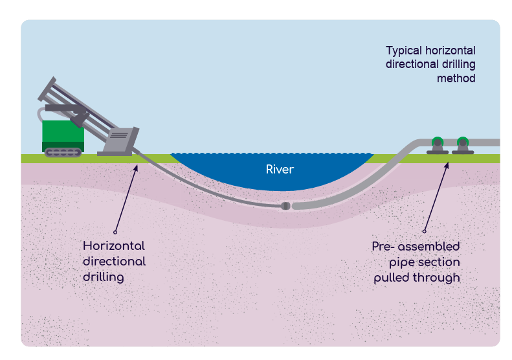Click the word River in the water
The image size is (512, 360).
coord(280,170)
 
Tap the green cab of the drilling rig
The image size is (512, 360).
coord(62,132)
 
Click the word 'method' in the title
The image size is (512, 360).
coord(456,78)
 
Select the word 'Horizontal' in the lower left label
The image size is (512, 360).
coord(113,246)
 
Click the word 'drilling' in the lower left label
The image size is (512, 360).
coord(103,276)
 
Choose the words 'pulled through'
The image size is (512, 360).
coord(417,278)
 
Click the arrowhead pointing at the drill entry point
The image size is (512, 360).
coord(136,168)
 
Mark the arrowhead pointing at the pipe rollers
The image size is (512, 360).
coord(445,164)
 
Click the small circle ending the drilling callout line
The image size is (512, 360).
coord(115,231)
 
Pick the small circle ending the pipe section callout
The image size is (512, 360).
coord(425,231)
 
